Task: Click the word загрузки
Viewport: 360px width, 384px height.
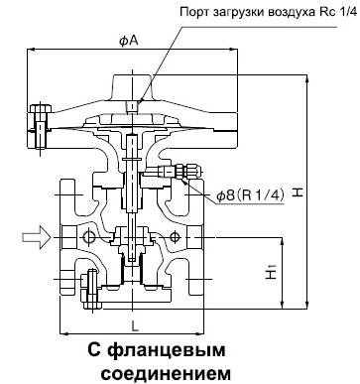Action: pos(242,11)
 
